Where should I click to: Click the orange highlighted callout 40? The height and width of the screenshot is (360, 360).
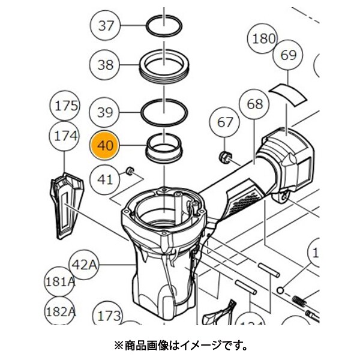[x=106, y=145]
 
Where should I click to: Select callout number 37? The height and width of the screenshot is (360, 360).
[x=106, y=26]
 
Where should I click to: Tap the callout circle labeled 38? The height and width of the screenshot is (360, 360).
[x=106, y=65]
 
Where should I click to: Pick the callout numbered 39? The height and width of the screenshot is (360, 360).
[x=106, y=112]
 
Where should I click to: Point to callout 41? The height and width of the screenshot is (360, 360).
[x=106, y=178]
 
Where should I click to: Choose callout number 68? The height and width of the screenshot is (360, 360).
[x=255, y=104]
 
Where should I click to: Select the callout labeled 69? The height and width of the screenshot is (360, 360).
[x=289, y=55]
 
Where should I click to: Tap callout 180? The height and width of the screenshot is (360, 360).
[x=263, y=40]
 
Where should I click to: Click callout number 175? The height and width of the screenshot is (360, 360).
[x=67, y=107]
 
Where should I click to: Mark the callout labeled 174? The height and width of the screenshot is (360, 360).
[x=67, y=136]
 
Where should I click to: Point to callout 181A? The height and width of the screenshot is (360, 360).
[x=60, y=281]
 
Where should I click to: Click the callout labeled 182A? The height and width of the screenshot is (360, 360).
[x=60, y=312]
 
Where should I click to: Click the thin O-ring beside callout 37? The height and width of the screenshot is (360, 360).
[x=164, y=26]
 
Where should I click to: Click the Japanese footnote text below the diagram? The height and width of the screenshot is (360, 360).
[x=180, y=346]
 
